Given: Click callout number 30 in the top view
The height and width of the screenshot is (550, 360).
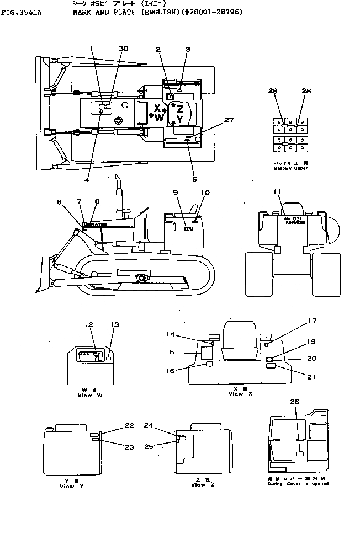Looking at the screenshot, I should (x=123, y=49).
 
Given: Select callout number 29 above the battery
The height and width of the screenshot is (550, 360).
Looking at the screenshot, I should (x=273, y=90).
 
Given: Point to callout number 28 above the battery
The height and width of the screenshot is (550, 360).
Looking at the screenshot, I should (x=307, y=90).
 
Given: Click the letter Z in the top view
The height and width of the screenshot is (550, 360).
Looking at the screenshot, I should (x=180, y=109).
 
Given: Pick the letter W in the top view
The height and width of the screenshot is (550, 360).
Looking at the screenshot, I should (x=159, y=118).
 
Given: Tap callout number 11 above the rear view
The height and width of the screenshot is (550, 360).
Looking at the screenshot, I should (x=285, y=191).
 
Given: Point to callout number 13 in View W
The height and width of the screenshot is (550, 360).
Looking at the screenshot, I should (x=114, y=325).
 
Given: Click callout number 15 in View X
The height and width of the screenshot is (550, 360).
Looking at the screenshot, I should (x=171, y=351).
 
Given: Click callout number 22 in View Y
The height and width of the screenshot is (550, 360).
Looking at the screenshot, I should (x=129, y=425).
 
